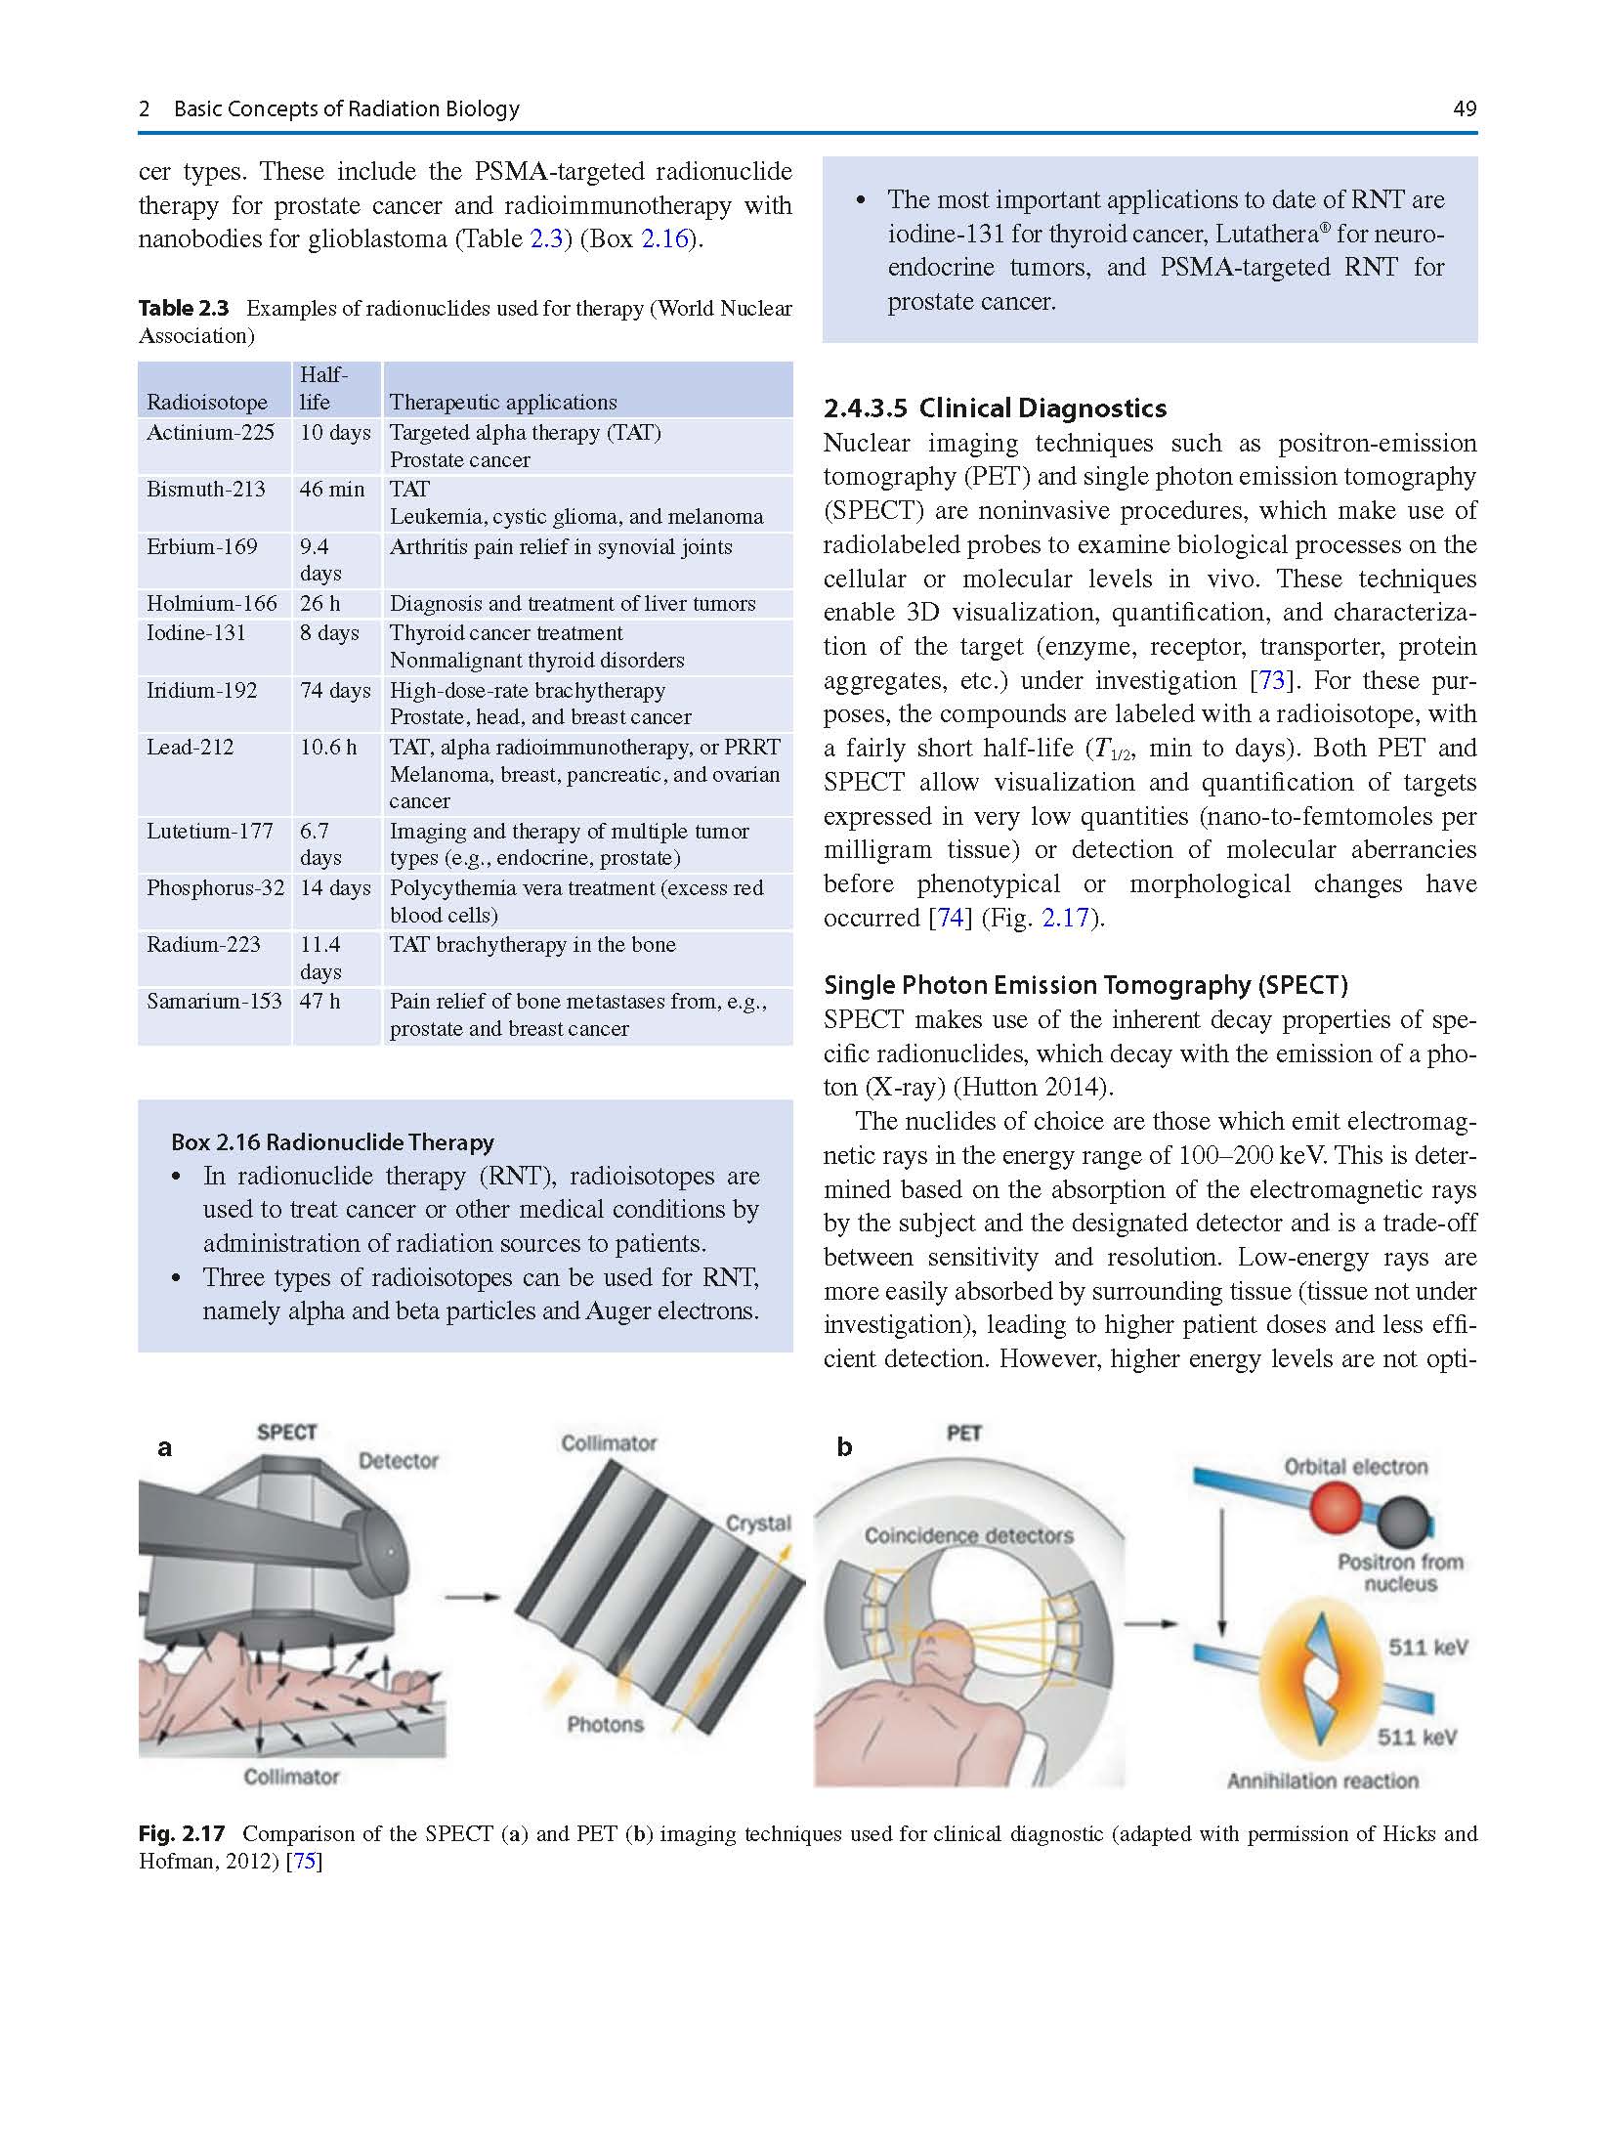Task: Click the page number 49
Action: click(x=1464, y=108)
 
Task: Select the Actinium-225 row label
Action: click(x=210, y=432)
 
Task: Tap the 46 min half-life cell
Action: click(x=331, y=489)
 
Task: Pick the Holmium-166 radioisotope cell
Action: click(x=211, y=603)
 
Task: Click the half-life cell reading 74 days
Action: click(x=334, y=690)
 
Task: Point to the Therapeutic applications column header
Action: click(x=502, y=402)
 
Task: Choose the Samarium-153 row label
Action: click(x=213, y=1001)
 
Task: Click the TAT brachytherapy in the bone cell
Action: click(x=532, y=944)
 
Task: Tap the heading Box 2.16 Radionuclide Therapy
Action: click(x=332, y=1141)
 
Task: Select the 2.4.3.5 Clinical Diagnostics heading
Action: click(x=995, y=408)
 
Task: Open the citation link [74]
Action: click(x=950, y=918)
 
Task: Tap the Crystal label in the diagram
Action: click(x=757, y=1523)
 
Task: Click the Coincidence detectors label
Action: click(x=968, y=1535)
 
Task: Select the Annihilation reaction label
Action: click(x=1322, y=1781)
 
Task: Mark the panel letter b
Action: click(x=844, y=1447)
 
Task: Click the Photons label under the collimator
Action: click(x=605, y=1725)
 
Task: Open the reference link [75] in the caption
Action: click(x=305, y=1861)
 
